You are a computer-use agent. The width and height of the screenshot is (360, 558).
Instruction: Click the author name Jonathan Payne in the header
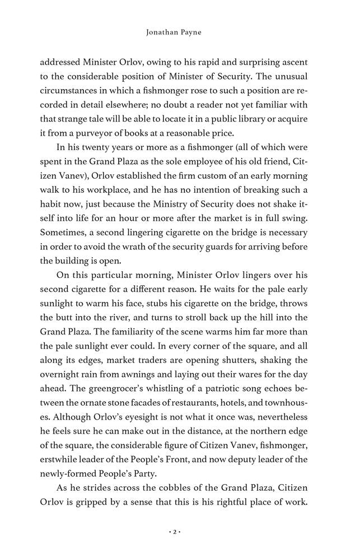(180, 34)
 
